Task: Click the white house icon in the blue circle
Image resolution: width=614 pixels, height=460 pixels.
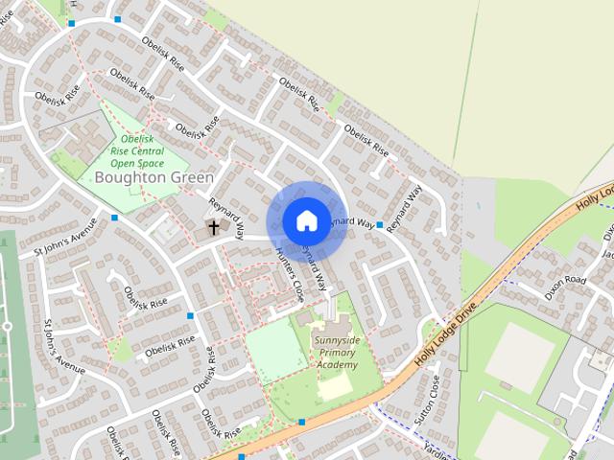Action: pos(306,221)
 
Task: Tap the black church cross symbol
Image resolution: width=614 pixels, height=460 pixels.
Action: pos(212,228)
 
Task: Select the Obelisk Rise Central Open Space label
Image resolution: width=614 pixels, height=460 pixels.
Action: pos(137,150)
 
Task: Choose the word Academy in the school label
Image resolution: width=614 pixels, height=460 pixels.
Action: pos(338,365)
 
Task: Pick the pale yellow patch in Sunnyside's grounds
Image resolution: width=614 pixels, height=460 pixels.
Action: pos(335,387)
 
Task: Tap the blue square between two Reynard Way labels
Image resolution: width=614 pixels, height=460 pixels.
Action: pos(380,225)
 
